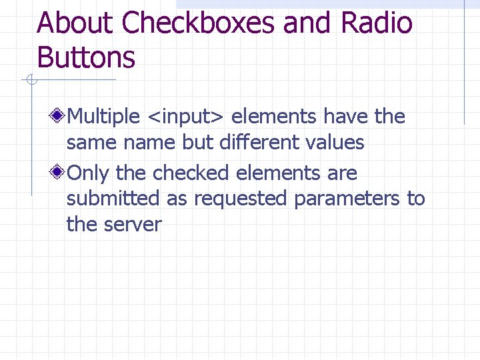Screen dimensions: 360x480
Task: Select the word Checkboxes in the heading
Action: (x=199, y=24)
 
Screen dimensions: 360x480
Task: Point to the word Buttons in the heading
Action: (x=86, y=57)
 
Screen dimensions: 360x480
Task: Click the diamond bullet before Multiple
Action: (x=59, y=117)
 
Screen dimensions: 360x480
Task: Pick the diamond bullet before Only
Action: (x=59, y=173)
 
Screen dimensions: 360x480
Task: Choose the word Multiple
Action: (x=103, y=117)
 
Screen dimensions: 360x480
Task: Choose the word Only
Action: (x=89, y=173)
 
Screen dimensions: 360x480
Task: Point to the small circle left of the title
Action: (x=30, y=81)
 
